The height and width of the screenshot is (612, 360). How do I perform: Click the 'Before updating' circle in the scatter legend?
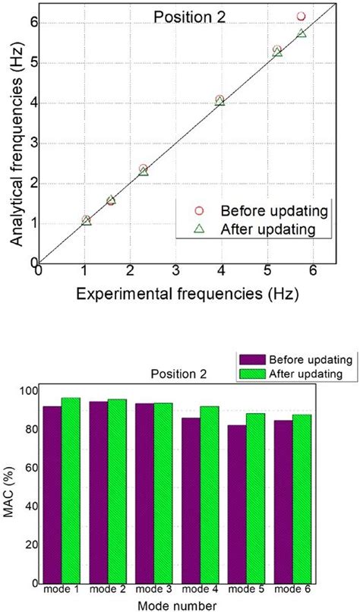pyautogui.click(x=201, y=210)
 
